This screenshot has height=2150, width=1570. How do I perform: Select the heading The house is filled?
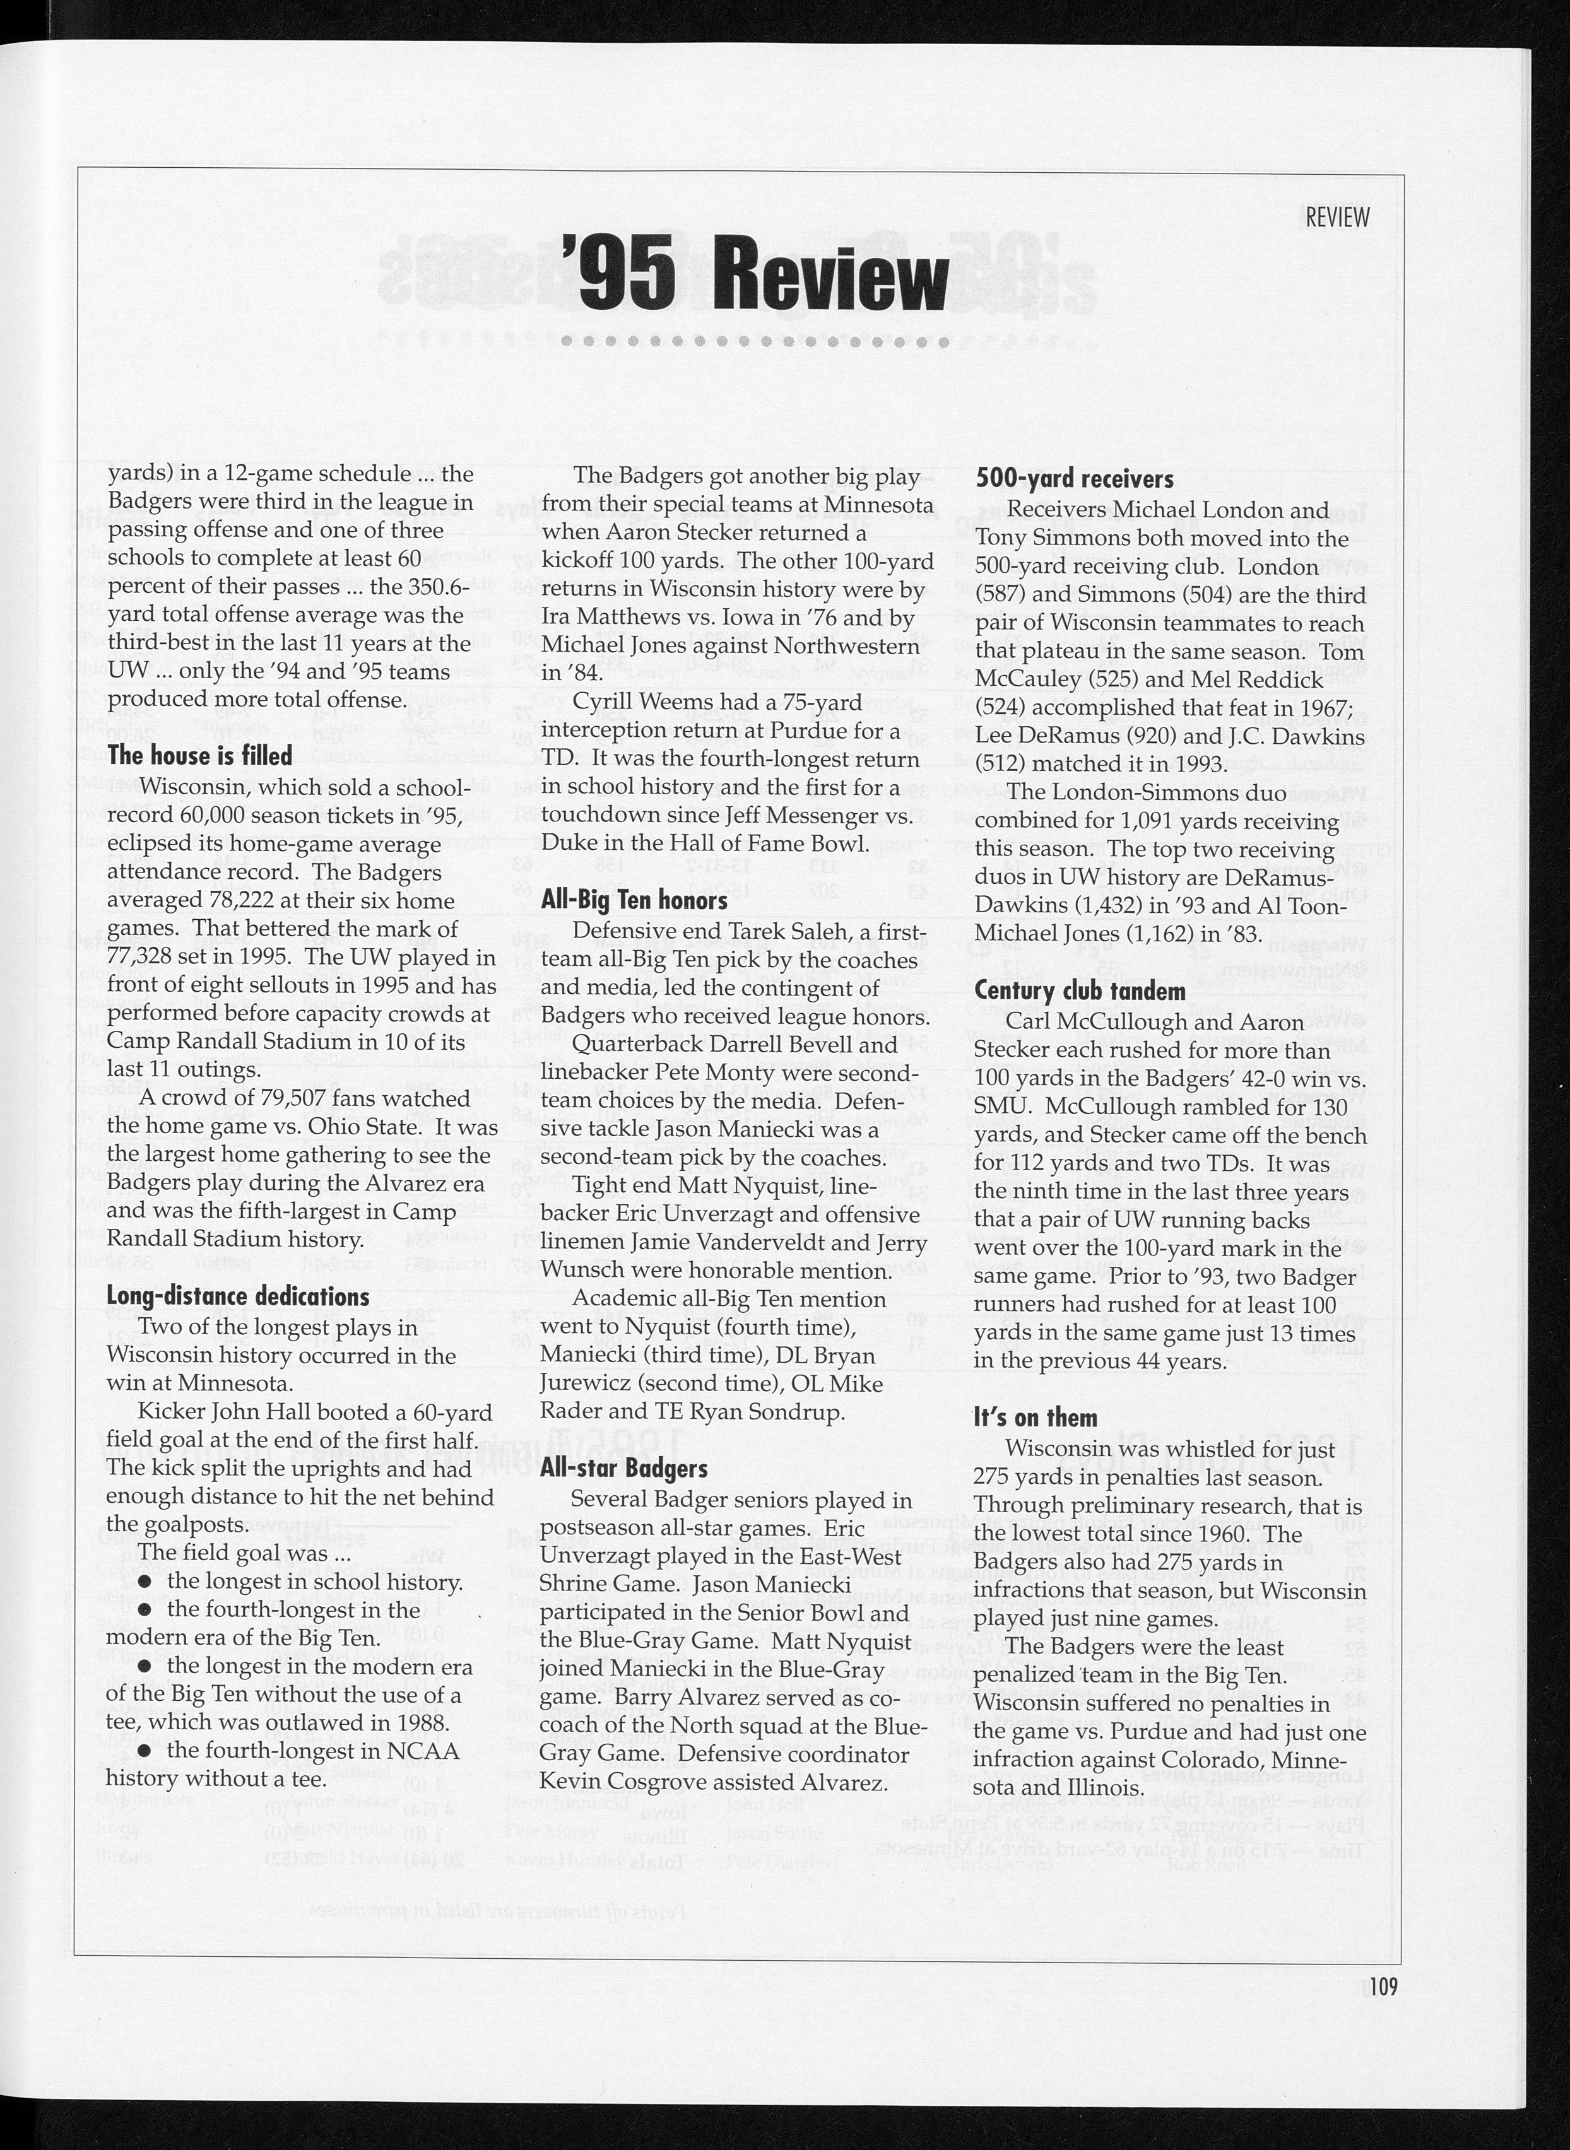[x=199, y=756]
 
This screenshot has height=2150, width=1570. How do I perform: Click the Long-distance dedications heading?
[x=238, y=1297]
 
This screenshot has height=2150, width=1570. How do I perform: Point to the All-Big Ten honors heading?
[x=634, y=900]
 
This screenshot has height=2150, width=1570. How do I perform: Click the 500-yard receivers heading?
[x=1075, y=479]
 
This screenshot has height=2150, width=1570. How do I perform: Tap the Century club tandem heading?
[x=1080, y=991]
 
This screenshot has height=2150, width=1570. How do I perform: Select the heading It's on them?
[x=1036, y=1418]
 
